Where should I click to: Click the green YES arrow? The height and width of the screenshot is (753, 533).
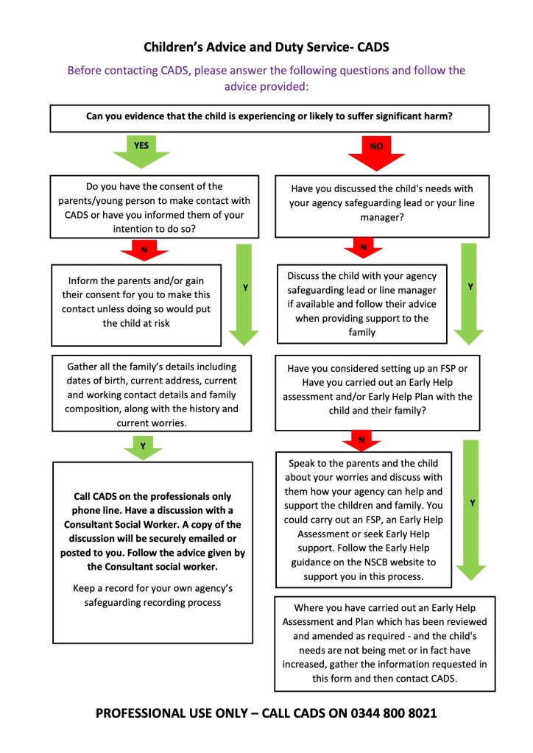[x=141, y=150]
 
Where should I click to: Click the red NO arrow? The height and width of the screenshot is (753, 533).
[x=376, y=151]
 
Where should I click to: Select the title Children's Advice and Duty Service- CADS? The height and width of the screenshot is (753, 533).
[x=266, y=48]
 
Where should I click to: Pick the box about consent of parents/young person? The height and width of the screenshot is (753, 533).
[x=155, y=206]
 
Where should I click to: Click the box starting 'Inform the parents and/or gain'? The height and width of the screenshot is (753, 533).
[x=136, y=303]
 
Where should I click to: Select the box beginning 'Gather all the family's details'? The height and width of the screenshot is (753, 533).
[x=152, y=395]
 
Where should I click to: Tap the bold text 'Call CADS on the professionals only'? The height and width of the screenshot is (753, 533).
[x=152, y=496]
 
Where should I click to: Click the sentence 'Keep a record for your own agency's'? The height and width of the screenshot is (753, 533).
[x=152, y=588]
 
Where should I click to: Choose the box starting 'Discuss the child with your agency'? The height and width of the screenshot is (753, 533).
[x=361, y=304]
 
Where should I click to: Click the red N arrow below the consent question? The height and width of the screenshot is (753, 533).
[x=144, y=250]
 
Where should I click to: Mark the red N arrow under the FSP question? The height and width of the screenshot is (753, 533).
[x=361, y=440]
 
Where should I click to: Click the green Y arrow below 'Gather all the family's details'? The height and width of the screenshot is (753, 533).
[x=143, y=446]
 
